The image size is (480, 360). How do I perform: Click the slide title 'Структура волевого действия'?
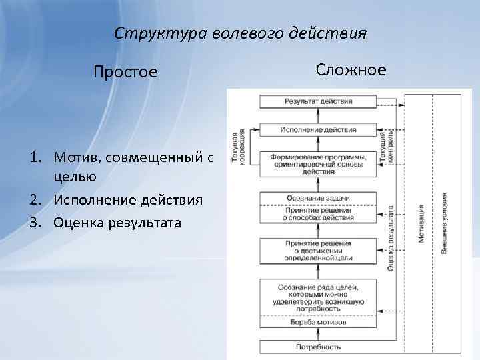(240, 33)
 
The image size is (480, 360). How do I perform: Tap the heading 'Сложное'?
(351, 69)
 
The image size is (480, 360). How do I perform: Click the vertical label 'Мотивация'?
(421, 223)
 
